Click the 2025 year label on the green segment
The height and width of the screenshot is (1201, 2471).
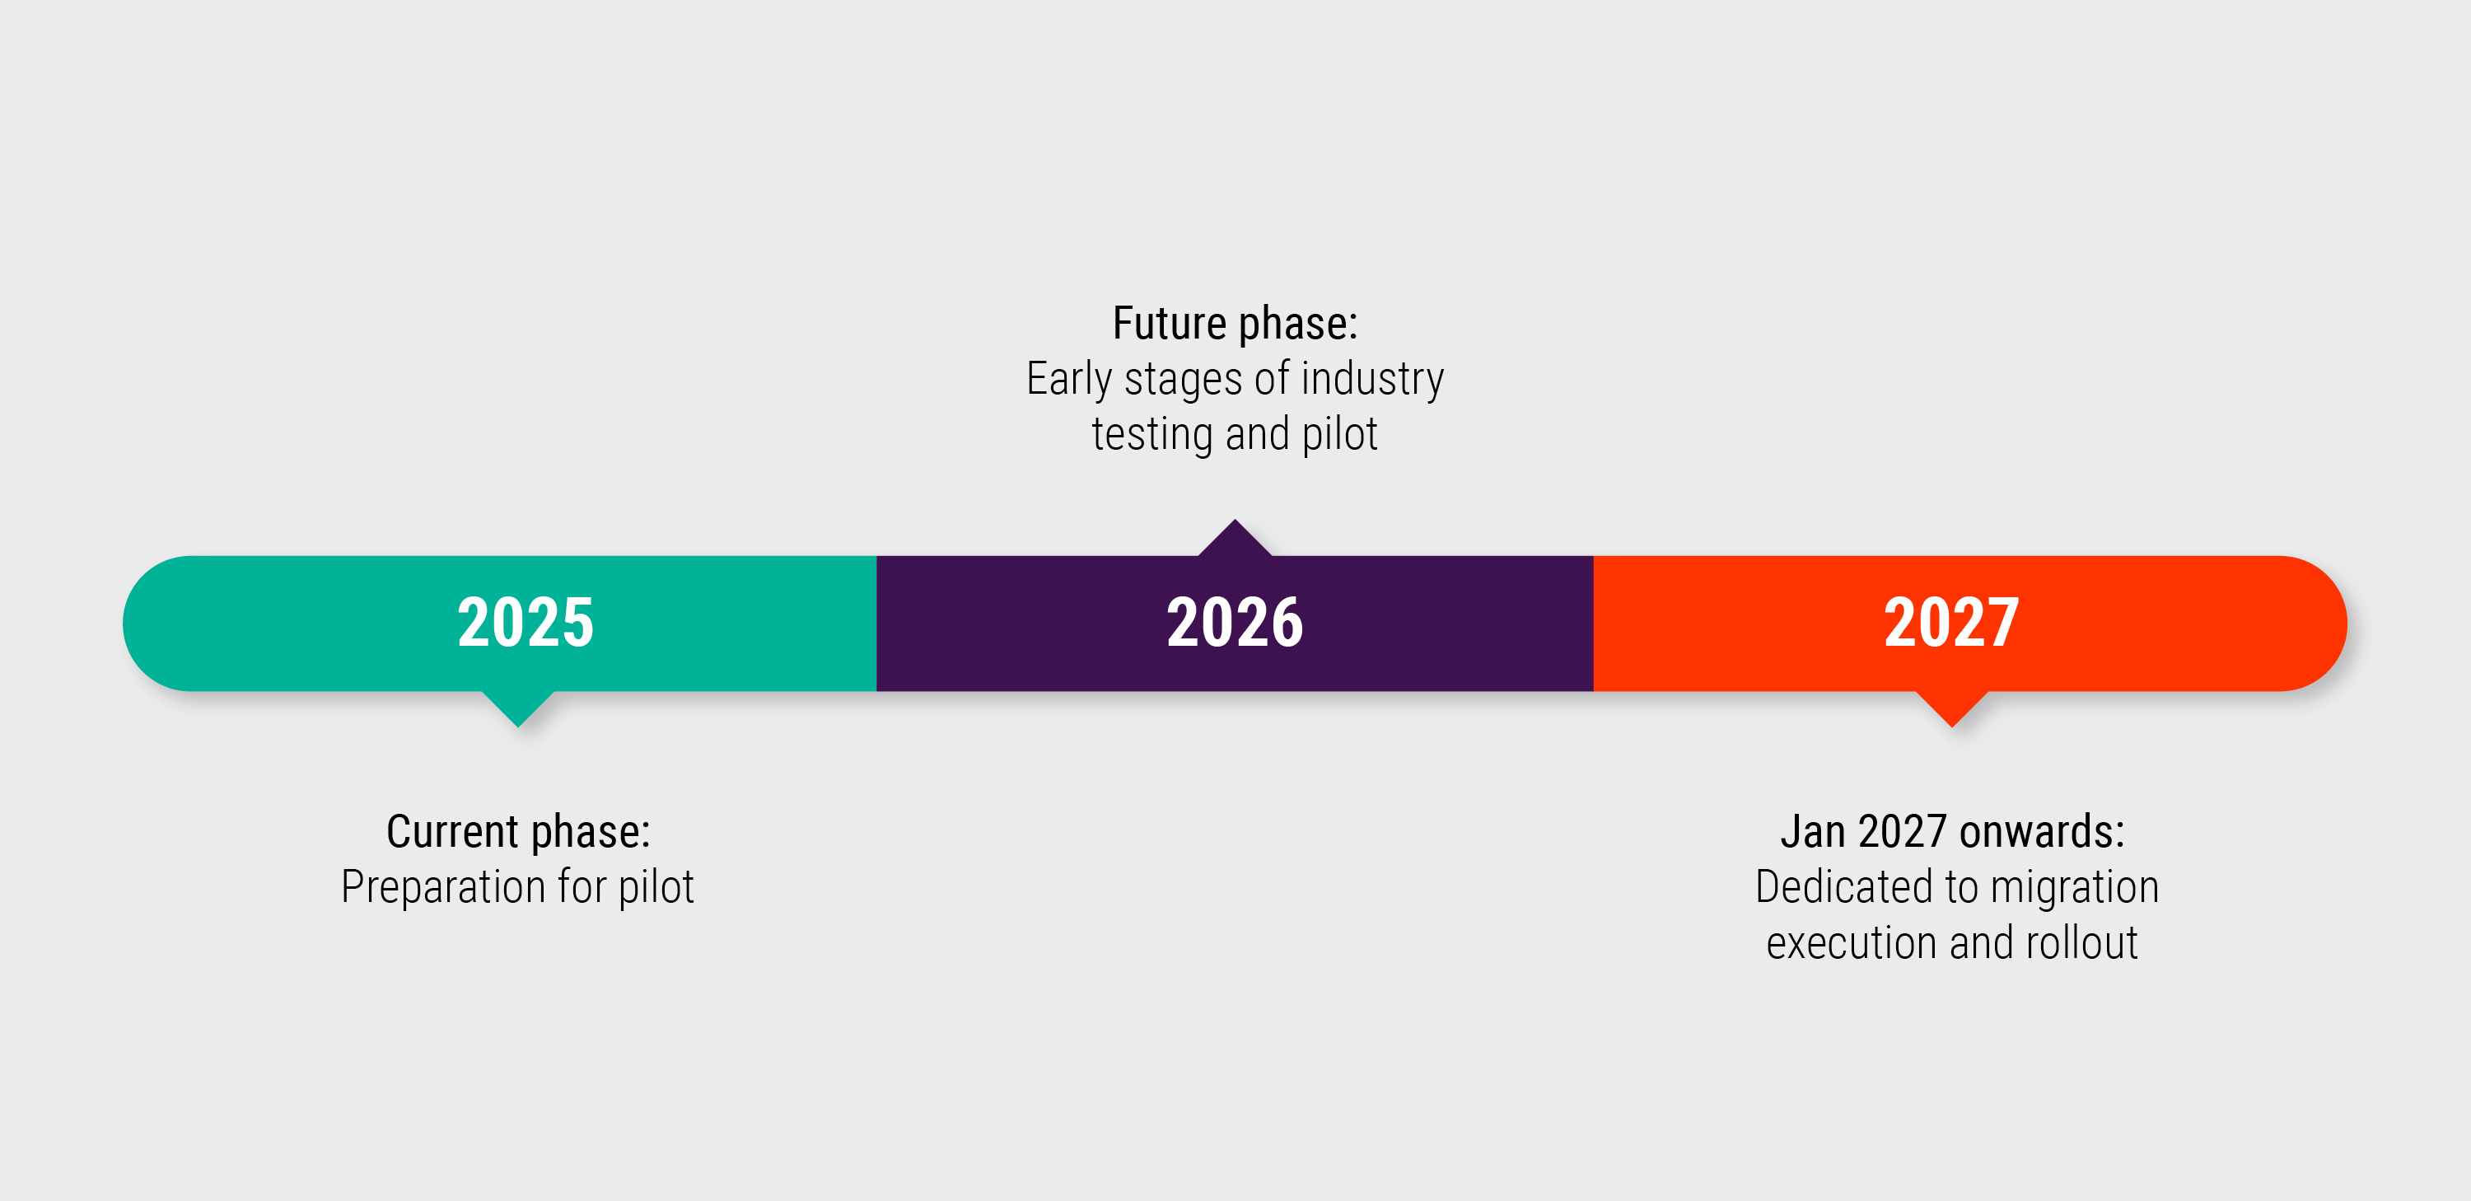point(525,623)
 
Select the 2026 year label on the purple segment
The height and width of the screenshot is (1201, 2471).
point(1235,623)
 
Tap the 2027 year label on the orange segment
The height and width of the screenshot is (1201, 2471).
point(1951,623)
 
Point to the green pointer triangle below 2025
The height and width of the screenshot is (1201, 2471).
point(518,706)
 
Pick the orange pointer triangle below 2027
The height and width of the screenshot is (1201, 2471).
point(1951,706)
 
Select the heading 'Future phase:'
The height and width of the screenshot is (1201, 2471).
point(1235,323)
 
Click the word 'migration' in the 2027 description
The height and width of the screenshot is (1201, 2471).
point(2075,887)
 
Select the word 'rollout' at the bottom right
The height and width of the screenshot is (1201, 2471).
point(2081,943)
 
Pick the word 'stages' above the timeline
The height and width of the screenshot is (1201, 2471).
point(1183,379)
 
